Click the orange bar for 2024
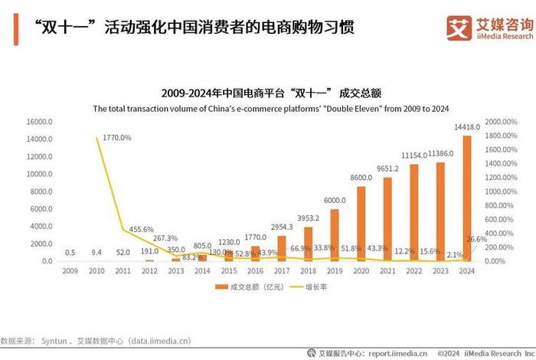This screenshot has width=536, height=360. click(467, 198)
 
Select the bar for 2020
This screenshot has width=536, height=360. click(361, 224)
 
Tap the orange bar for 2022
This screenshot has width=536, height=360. click(414, 213)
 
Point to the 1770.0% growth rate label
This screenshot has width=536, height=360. click(115, 138)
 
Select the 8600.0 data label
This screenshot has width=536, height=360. click(361, 178)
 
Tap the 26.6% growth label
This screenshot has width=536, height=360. click(476, 239)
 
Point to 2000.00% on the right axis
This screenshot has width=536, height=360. click(506, 122)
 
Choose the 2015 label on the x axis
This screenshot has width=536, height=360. click(229, 271)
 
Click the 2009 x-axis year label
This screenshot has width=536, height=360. click(70, 271)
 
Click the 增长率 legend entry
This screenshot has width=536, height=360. click(310, 287)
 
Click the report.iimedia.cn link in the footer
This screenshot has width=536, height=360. click(391, 353)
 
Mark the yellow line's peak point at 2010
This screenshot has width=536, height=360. click(96, 138)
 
